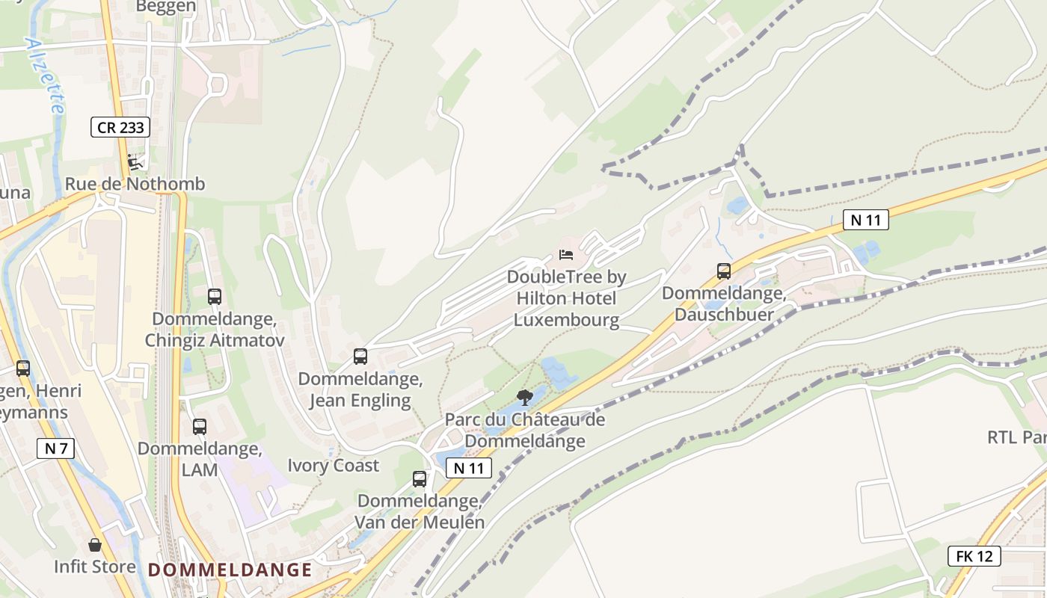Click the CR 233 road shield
(120, 127)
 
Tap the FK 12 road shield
(974, 556)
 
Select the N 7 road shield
(55, 449)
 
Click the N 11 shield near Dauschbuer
(865, 220)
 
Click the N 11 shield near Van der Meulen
(469, 468)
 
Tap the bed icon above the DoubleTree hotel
(566, 256)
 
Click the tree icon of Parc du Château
(525, 397)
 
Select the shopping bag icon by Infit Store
(94, 545)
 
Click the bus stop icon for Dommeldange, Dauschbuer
(723, 271)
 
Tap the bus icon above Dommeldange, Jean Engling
(360, 357)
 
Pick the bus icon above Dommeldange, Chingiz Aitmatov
(215, 297)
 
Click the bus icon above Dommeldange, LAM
(199, 427)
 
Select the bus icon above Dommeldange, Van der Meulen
(420, 479)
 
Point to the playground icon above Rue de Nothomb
(135, 161)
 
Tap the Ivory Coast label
(334, 466)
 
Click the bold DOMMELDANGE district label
(230, 570)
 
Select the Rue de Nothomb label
(135, 184)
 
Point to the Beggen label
(166, 7)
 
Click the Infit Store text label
(95, 567)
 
